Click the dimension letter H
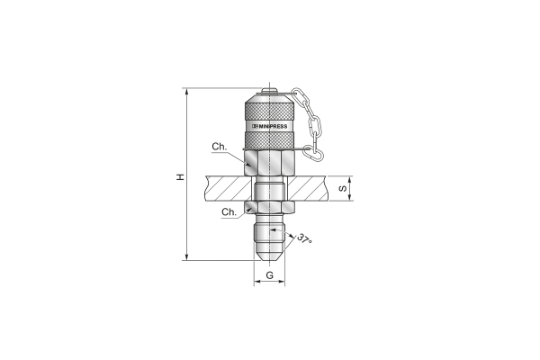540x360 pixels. click(181, 177)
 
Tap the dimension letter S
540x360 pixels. click(343, 188)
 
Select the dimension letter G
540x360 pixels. click(270, 275)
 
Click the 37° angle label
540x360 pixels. click(305, 239)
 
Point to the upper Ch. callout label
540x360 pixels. click(220, 147)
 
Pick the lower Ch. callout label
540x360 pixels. click(229, 211)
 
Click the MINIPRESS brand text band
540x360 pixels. click(269, 126)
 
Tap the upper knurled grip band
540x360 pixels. click(269, 111)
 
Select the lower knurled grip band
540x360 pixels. click(269, 140)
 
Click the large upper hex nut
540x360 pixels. click(269, 163)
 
